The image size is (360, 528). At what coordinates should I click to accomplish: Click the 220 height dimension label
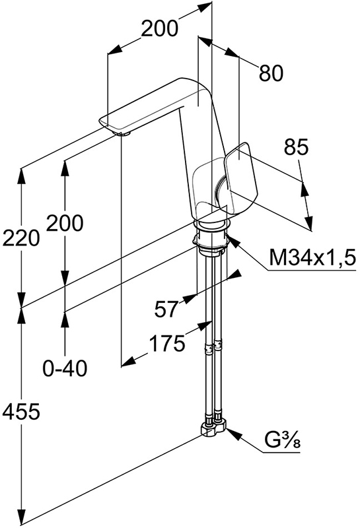21,238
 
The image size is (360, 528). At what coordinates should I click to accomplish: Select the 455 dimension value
21,411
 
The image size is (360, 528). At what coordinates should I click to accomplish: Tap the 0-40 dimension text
65,368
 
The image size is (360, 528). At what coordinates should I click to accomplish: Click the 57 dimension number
166,309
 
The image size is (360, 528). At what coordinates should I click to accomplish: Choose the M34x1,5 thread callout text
312,258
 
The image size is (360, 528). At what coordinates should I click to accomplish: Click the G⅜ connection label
282,440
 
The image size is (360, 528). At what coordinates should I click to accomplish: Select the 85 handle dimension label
297,147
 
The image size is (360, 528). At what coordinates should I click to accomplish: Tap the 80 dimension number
271,73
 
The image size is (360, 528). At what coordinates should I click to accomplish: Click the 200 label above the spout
159,28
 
